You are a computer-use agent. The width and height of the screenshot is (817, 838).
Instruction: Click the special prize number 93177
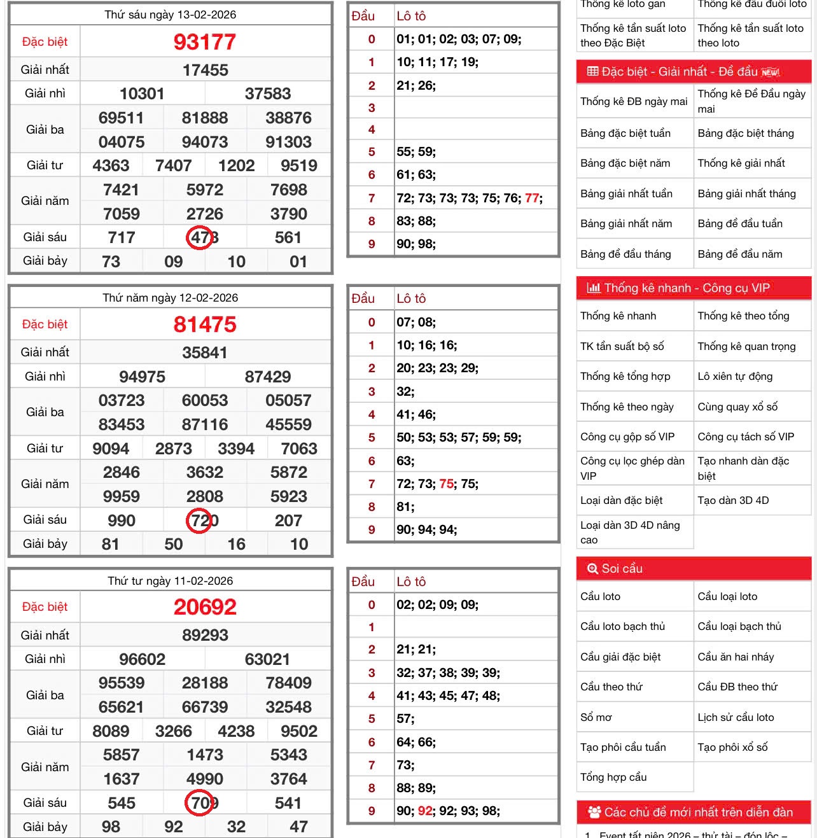205,42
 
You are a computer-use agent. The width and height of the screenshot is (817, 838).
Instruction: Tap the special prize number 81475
205,325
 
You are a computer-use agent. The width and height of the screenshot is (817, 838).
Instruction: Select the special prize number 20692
205,607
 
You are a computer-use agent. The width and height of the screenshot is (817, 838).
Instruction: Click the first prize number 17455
205,70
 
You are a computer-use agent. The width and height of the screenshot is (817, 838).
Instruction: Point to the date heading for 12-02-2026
171,298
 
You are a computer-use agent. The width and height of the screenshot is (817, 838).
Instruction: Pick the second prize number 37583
268,94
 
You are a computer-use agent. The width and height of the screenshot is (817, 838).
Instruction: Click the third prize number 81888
205,118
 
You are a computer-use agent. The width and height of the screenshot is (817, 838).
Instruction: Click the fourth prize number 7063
299,449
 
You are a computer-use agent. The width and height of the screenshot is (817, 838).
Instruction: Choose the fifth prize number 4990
205,779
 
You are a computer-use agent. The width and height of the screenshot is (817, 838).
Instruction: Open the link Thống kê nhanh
618,316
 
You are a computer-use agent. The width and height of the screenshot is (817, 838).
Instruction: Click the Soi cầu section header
622,569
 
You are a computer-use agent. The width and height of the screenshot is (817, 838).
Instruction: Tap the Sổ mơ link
596,718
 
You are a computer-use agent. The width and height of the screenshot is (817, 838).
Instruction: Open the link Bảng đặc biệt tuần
625,134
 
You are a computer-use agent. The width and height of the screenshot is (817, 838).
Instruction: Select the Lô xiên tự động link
735,377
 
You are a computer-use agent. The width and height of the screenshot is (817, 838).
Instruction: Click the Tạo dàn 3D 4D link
733,501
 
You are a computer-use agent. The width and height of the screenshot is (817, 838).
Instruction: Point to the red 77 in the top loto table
532,199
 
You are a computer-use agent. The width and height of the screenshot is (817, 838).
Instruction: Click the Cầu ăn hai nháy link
736,657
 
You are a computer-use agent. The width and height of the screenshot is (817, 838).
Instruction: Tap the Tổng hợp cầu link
613,778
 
